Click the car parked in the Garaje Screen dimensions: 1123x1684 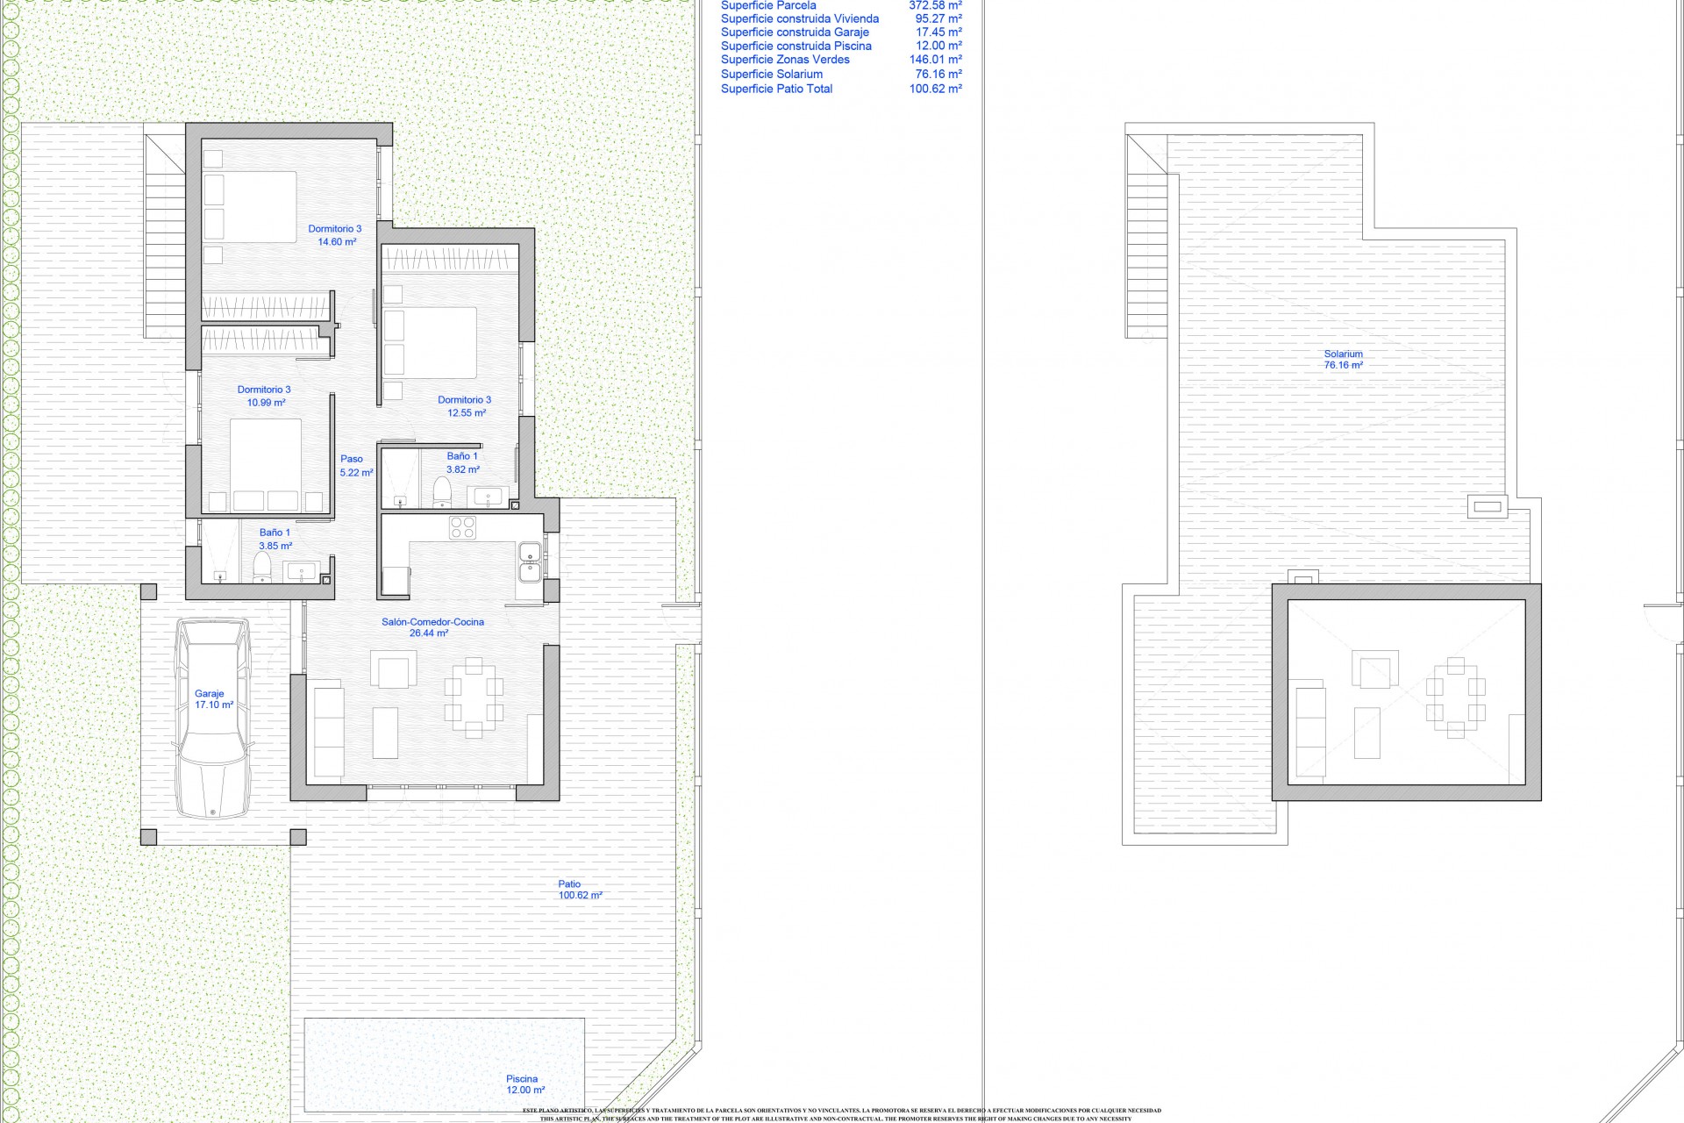click(x=213, y=718)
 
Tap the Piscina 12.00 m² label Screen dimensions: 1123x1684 click(x=524, y=1084)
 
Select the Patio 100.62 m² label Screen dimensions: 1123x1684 click(x=579, y=890)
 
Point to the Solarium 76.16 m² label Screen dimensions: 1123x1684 click(x=1343, y=360)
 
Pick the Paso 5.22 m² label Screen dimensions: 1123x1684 click(x=354, y=466)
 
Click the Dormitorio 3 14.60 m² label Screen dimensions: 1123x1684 click(x=335, y=235)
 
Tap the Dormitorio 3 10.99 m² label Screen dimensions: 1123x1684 click(x=265, y=396)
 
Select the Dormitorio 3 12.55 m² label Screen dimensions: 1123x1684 click(x=465, y=406)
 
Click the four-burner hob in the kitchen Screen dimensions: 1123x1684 click(x=463, y=527)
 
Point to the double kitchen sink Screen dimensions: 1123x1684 click(x=529, y=561)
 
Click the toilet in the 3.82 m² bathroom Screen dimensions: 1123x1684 click(x=441, y=492)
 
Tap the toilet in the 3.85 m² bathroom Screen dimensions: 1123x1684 click(x=261, y=568)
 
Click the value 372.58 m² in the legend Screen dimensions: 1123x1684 click(x=935, y=5)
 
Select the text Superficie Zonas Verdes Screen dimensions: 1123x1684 click(x=785, y=60)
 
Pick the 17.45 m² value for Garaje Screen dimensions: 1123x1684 click(x=938, y=32)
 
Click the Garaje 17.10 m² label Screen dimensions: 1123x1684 click(x=213, y=699)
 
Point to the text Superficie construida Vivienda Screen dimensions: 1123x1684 click(x=799, y=18)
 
